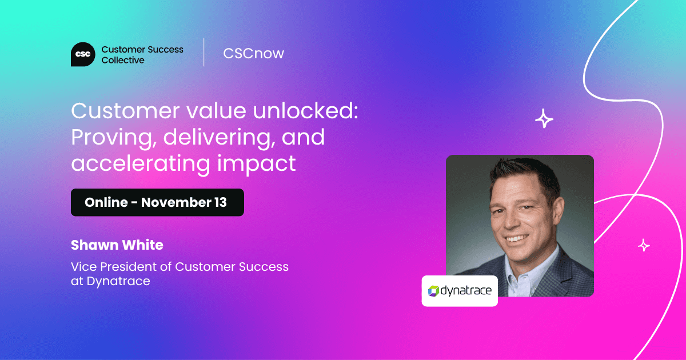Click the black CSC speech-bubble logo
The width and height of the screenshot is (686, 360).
(83, 54)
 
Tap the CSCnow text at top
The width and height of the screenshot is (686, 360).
(253, 54)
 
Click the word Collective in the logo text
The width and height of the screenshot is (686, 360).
(123, 60)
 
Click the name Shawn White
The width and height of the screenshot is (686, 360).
(117, 245)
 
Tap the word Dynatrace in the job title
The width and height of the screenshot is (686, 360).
(118, 281)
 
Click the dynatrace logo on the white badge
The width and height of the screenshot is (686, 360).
(460, 291)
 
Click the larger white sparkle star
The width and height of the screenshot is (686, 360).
(544, 119)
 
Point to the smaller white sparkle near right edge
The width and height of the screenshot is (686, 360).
(644, 245)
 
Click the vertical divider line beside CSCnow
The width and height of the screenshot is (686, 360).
(204, 53)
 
